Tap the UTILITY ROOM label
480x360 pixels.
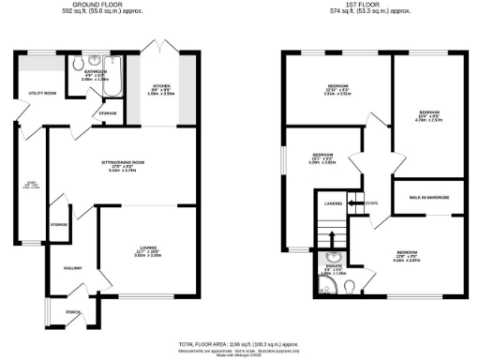(x=31, y=94)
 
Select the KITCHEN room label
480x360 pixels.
(x=161, y=86)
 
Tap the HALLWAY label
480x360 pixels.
(x=73, y=269)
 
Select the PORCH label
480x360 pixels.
(x=72, y=312)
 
